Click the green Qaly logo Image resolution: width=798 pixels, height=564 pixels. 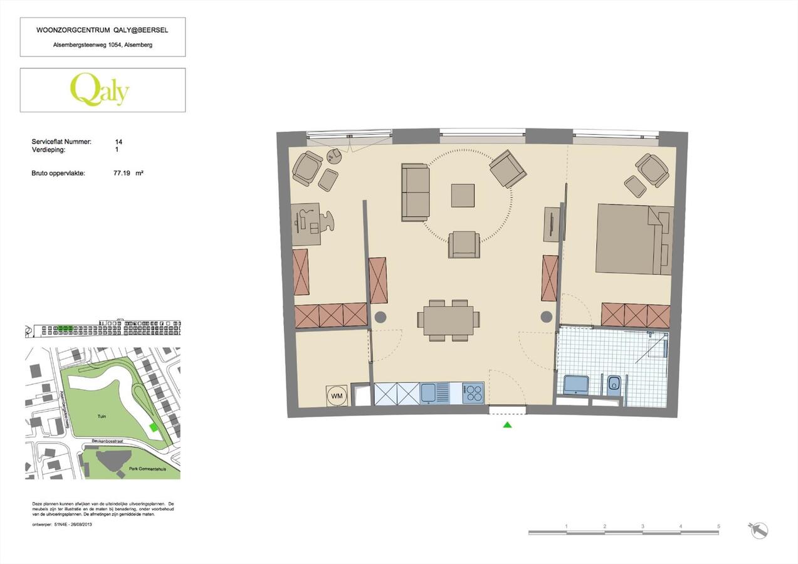click(x=99, y=90)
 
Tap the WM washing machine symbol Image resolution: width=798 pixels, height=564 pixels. click(x=337, y=395)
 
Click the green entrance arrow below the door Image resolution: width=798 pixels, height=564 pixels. click(x=507, y=425)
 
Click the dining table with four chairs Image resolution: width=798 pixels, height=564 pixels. click(x=448, y=320)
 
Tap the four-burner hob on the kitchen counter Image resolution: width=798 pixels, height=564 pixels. click(x=473, y=393)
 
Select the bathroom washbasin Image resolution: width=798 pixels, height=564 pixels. click(x=576, y=384)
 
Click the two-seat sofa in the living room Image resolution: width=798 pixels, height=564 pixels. click(x=415, y=192)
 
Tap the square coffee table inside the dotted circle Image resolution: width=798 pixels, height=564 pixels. click(x=463, y=195)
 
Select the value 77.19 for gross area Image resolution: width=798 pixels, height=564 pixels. click(x=122, y=172)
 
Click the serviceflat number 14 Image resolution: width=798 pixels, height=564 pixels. click(x=118, y=142)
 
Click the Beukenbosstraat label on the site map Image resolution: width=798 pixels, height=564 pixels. click(x=106, y=441)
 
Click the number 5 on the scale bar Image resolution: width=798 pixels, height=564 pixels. click(x=718, y=526)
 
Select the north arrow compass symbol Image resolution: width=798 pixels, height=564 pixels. click(x=759, y=530)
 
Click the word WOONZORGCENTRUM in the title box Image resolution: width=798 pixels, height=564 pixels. click(x=68, y=30)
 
